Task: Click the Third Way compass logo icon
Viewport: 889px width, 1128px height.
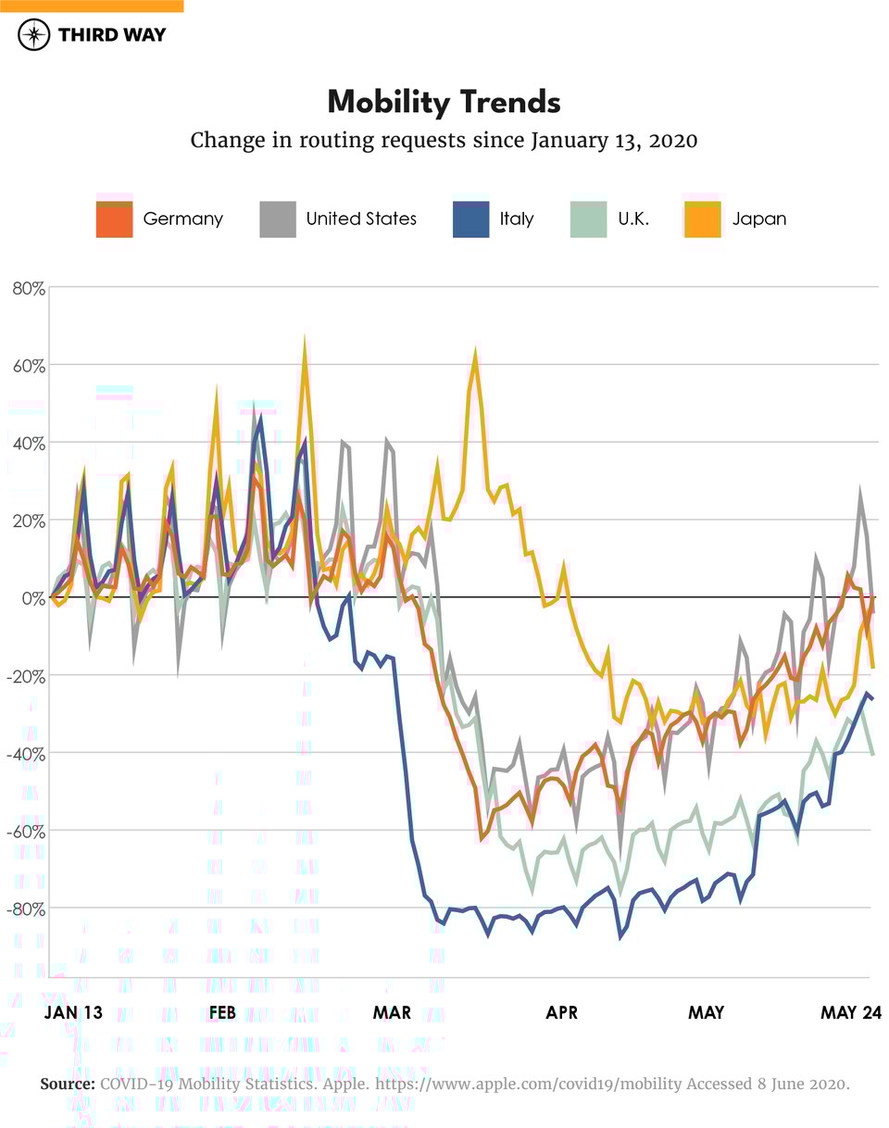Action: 34,35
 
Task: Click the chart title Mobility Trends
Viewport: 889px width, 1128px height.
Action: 444,102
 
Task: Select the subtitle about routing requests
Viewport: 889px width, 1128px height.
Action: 444,141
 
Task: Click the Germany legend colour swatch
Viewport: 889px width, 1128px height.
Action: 114,219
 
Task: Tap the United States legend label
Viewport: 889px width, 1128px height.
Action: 361,219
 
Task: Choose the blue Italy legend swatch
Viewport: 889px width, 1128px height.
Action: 470,219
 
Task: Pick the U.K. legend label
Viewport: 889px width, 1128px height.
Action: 633,219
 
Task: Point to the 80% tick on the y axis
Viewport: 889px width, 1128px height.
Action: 28,288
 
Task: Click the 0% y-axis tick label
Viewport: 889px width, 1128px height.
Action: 31,598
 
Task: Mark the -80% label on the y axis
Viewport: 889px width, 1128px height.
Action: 25,909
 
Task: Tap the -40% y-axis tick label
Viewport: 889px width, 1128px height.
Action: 25,753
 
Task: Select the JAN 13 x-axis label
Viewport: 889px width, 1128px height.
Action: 73,1013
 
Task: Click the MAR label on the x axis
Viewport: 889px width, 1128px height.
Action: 392,1013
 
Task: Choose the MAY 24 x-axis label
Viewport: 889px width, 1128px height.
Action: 850,1013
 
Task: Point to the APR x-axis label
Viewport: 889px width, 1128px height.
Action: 561,1013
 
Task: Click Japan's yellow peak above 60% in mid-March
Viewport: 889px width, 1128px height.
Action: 475,357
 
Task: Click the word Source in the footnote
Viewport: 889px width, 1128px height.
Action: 67,1084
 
